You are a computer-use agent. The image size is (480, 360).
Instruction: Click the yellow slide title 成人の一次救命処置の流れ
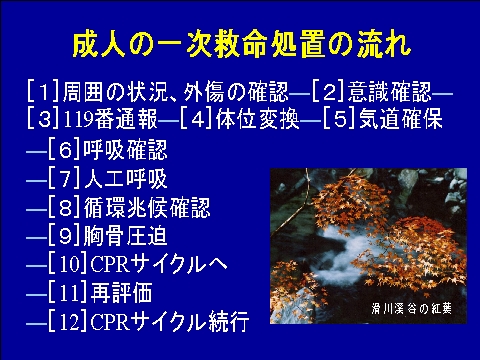point(242,45)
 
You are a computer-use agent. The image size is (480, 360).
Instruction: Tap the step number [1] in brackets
point(43,91)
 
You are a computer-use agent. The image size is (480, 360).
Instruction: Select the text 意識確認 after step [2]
point(390,91)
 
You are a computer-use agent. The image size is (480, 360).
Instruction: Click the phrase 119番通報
point(110,119)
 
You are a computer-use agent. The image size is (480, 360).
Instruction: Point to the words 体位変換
point(258,119)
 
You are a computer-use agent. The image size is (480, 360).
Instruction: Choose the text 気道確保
point(401,119)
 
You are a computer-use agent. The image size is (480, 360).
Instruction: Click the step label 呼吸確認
point(125,150)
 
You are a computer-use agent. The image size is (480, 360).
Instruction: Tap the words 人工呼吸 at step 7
point(125,179)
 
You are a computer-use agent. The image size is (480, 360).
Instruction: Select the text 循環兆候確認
point(147,207)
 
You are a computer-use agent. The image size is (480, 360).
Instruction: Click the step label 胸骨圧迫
point(125,236)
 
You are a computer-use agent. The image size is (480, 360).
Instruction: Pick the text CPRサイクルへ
point(159,265)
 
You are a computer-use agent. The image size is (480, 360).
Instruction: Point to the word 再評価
point(122,293)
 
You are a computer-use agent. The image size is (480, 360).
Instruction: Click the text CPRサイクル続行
point(170,321)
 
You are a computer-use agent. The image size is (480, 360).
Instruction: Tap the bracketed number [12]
point(68,321)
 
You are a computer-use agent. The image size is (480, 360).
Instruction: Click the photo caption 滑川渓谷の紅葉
point(411,308)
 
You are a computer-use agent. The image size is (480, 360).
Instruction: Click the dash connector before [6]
point(37,152)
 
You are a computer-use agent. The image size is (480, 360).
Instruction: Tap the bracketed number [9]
point(64,236)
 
